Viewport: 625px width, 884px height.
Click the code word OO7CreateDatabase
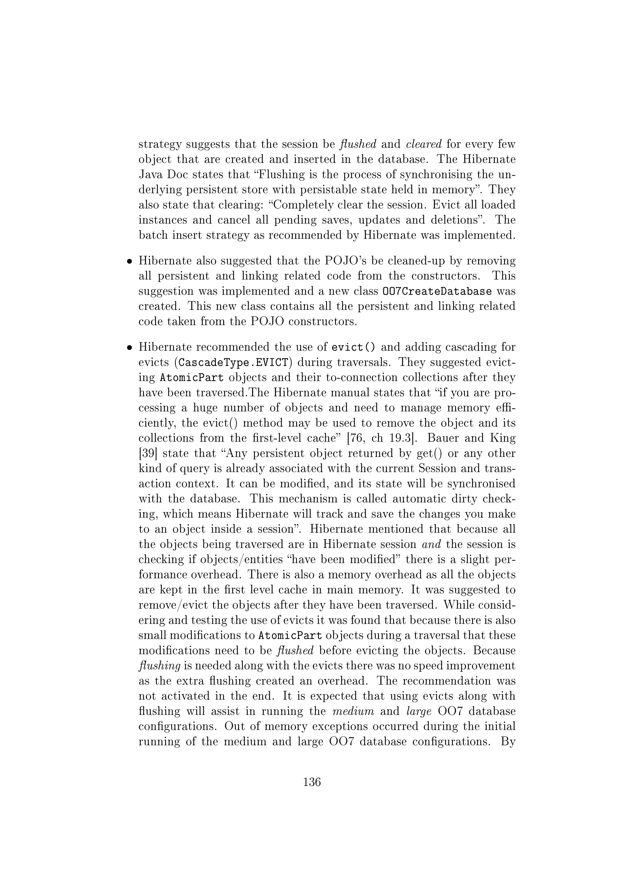[437, 291]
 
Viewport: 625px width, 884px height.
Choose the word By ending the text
[508, 741]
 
